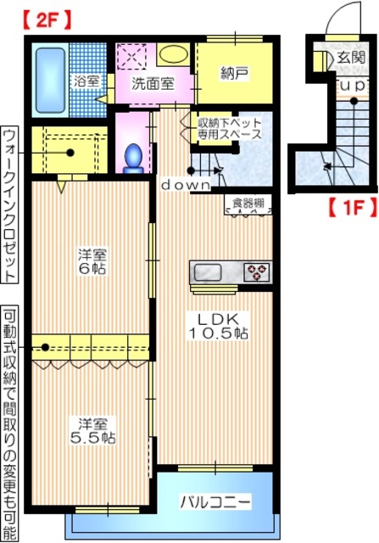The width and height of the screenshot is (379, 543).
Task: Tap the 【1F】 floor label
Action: [348, 205]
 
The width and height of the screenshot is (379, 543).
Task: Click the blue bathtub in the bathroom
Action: [50, 72]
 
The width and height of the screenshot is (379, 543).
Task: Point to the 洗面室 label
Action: [153, 83]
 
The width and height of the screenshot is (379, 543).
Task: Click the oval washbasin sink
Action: [174, 53]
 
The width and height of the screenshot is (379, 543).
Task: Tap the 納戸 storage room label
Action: [235, 75]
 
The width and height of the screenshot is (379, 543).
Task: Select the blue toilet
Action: [133, 157]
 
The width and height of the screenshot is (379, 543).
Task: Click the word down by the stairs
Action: [186, 184]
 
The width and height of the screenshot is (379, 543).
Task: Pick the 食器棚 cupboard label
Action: [249, 204]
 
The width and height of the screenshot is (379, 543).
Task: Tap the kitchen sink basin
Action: [209, 272]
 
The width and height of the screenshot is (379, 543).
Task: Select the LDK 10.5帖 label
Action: [217, 325]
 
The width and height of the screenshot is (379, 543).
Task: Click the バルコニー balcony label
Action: [215, 502]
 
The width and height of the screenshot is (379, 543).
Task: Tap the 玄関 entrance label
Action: [350, 58]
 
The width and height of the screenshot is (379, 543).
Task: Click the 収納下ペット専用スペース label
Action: [230, 127]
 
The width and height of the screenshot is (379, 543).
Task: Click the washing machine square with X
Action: [133, 56]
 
